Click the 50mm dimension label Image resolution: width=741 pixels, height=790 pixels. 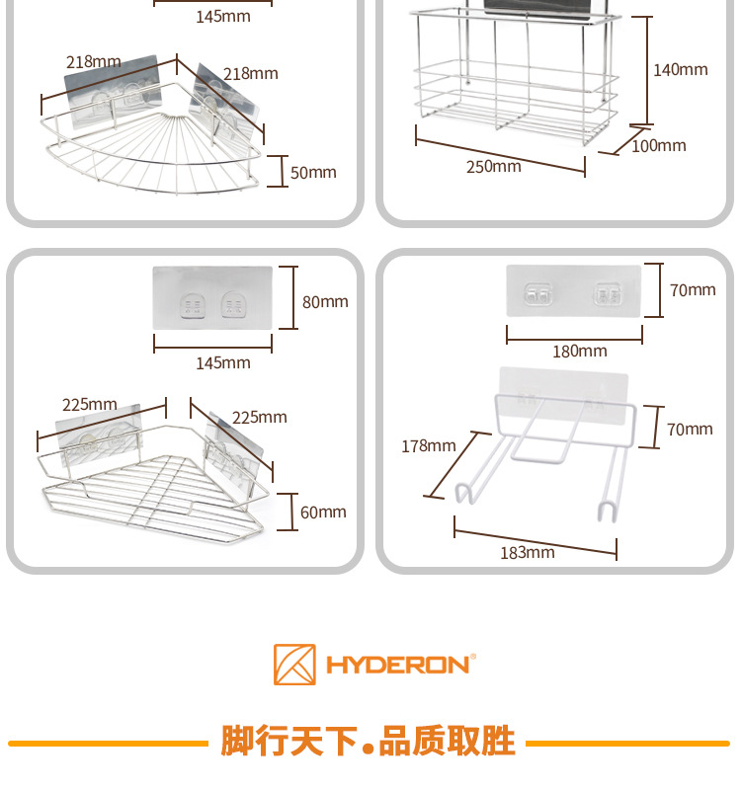tap(313, 173)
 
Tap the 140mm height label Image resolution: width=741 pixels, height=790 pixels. tap(680, 69)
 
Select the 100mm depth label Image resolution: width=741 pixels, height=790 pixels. tap(658, 146)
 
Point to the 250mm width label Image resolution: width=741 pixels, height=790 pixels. tap(493, 166)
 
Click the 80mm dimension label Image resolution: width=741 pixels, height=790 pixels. tap(325, 302)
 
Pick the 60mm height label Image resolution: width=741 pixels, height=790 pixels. tap(323, 512)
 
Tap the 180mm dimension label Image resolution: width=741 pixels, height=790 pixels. tap(580, 351)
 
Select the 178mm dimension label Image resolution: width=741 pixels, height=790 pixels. tap(428, 445)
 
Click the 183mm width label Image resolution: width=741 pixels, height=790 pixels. tap(527, 552)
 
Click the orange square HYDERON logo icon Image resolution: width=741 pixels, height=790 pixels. tap(294, 665)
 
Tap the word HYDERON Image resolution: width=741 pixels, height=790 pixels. tap(399, 665)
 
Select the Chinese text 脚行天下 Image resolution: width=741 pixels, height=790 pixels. tap(288, 741)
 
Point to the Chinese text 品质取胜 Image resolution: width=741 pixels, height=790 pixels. tap(448, 741)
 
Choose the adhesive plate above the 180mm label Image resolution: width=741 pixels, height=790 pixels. tap(574, 290)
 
